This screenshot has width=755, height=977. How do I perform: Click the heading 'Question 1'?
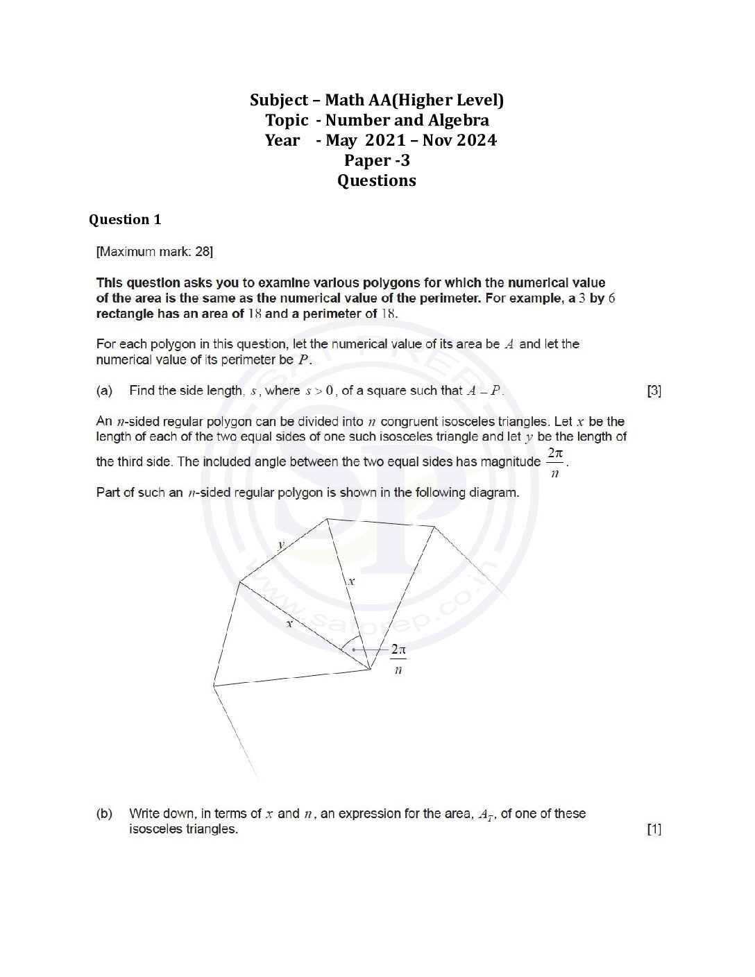(x=125, y=220)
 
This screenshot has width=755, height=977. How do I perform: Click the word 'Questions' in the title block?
(x=377, y=180)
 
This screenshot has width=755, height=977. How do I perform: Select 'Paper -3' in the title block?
(x=377, y=160)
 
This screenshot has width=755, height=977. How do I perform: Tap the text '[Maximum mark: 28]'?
(x=154, y=251)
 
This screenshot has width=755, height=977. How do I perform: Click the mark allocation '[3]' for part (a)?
(x=654, y=391)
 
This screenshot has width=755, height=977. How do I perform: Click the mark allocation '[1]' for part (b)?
(x=654, y=829)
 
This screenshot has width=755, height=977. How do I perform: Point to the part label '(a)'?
(x=104, y=391)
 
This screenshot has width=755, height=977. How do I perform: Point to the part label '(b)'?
(x=104, y=813)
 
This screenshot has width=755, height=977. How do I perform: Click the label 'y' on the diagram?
(x=281, y=545)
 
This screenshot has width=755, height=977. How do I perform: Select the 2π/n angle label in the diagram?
(x=398, y=659)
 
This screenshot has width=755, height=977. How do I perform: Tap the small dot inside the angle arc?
(x=354, y=649)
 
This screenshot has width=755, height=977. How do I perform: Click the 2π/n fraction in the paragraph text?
(x=554, y=462)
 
